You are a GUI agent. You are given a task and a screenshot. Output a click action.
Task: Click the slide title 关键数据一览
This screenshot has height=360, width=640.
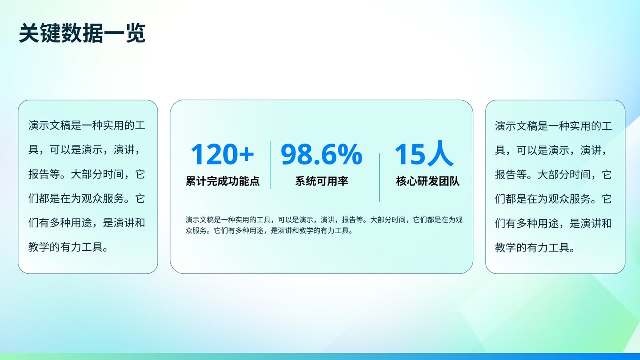(x=82, y=33)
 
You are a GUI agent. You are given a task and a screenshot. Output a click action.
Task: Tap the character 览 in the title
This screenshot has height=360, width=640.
(x=136, y=33)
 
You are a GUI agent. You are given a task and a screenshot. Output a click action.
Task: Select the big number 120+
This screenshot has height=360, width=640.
(x=222, y=154)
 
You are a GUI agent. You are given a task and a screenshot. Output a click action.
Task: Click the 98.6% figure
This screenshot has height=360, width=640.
(x=322, y=154)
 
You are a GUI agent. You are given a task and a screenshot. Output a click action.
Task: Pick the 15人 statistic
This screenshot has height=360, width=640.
(x=424, y=154)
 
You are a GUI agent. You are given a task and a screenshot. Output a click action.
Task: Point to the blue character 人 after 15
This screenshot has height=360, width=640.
(x=440, y=154)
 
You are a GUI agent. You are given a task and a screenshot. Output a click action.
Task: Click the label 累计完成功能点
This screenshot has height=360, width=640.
(x=222, y=181)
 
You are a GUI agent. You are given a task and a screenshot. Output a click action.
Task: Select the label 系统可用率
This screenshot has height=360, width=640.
(x=322, y=181)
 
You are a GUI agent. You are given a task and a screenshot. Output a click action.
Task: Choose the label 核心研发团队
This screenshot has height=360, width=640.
(x=428, y=181)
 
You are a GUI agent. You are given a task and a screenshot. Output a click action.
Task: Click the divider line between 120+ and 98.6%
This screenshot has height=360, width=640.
(x=271, y=165)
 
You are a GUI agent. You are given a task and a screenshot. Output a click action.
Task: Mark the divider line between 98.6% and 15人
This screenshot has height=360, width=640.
(x=379, y=178)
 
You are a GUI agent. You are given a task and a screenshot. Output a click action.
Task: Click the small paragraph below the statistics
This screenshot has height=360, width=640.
(x=324, y=225)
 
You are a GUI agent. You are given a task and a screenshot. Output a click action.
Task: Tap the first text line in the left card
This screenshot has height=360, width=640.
(x=87, y=126)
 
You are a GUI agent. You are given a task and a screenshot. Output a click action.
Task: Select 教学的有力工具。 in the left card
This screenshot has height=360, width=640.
(x=68, y=247)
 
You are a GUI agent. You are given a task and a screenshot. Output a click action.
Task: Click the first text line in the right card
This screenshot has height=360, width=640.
(x=554, y=126)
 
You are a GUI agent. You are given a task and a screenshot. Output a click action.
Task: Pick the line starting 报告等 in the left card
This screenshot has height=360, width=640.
(x=87, y=174)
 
